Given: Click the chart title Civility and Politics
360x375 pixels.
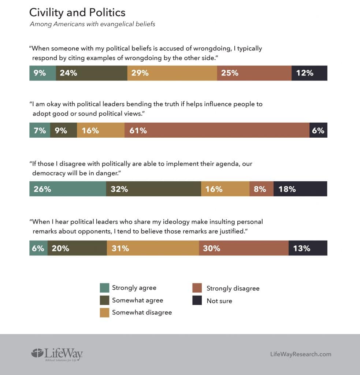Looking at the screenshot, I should pyautogui.click(x=77, y=12).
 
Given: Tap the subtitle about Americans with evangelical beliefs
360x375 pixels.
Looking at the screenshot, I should pyautogui.click(x=92, y=25).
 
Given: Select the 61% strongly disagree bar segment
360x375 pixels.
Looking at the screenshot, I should pyautogui.click(x=217, y=130).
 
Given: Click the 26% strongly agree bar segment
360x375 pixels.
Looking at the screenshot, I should pyautogui.click(x=68, y=189).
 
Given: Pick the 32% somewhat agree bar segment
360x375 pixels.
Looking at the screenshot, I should pyautogui.click(x=153, y=189).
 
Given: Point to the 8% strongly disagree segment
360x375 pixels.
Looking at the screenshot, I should pyautogui.click(x=261, y=189).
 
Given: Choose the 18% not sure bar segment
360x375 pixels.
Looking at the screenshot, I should pyautogui.click(x=300, y=189).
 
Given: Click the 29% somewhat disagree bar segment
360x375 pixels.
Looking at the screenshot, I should pyautogui.click(x=172, y=73).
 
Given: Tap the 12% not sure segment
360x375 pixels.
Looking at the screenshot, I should pyautogui.click(x=309, y=73).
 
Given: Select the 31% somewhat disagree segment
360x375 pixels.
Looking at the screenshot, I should pyautogui.click(x=153, y=248).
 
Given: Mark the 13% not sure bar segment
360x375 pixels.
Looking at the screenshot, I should pyautogui.click(x=308, y=248).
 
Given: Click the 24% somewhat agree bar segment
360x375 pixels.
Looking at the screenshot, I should pyautogui.click(x=92, y=73).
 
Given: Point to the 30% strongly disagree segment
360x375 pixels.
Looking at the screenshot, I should pyautogui.click(x=244, y=248).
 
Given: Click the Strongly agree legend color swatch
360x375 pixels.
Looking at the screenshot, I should pyautogui.click(x=104, y=288).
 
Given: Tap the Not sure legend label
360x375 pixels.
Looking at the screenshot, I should pyautogui.click(x=219, y=301).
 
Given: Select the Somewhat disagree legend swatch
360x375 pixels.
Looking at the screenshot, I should pyautogui.click(x=104, y=312).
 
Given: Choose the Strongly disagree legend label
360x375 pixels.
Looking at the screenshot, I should pyautogui.click(x=233, y=288).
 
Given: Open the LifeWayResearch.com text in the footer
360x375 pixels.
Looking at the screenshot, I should pyautogui.click(x=300, y=354).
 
